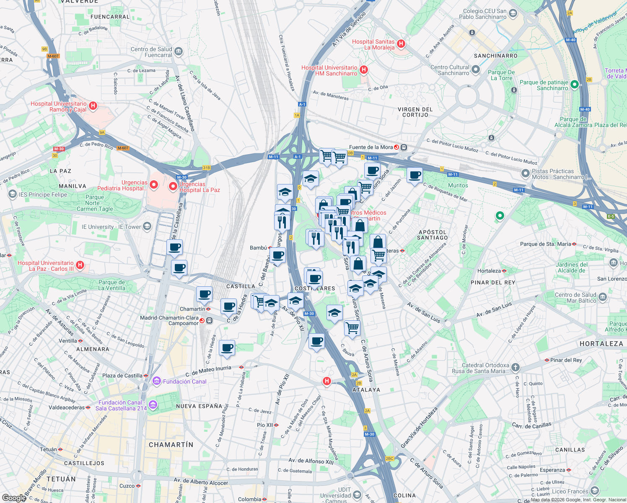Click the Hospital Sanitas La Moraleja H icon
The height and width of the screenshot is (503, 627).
(x=401, y=43)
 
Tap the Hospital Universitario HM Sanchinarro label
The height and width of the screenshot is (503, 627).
(x=329, y=70)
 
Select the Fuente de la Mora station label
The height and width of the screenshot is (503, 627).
(x=371, y=147)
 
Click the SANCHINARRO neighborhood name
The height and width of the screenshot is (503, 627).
(x=495, y=56)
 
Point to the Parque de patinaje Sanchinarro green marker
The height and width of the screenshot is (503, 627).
(x=575, y=85)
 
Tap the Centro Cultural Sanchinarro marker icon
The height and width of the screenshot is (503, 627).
(x=476, y=69)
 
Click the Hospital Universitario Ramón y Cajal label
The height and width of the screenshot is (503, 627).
(x=59, y=106)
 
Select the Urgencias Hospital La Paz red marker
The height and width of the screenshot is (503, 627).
(x=173, y=186)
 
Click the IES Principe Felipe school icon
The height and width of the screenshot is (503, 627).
(x=12, y=194)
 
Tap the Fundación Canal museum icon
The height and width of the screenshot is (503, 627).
(x=157, y=381)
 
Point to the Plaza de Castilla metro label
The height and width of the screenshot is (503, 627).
(x=122, y=376)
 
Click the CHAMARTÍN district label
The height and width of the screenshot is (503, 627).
(x=171, y=444)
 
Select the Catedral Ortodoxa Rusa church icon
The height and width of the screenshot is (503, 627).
(x=515, y=368)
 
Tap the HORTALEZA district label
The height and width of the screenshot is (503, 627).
(x=601, y=344)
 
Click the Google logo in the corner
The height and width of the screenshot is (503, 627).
(x=14, y=498)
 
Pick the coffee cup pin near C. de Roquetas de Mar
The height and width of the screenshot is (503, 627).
(x=415, y=175)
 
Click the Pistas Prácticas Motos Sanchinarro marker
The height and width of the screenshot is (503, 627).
(x=525, y=173)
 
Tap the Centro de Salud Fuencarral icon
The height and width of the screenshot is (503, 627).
(x=179, y=52)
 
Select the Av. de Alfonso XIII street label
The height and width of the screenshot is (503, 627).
(x=311, y=461)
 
